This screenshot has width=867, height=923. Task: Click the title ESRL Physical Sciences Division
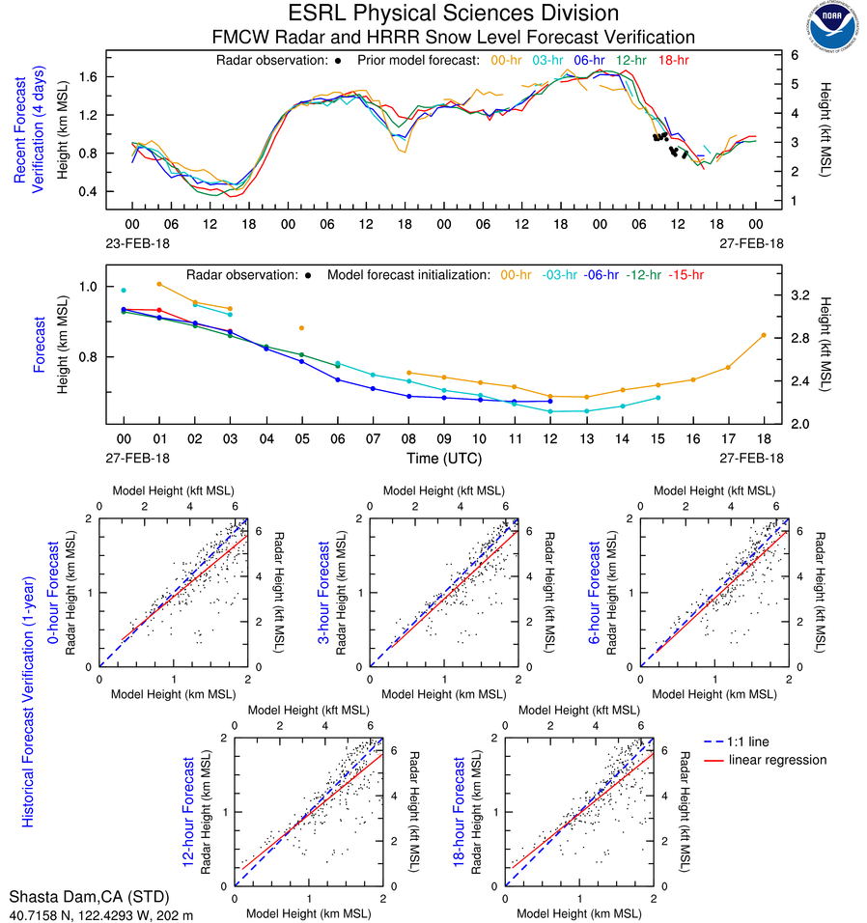click(x=454, y=14)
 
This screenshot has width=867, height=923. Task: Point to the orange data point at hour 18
click(x=764, y=335)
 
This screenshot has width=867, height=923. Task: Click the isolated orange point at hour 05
click(x=301, y=328)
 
